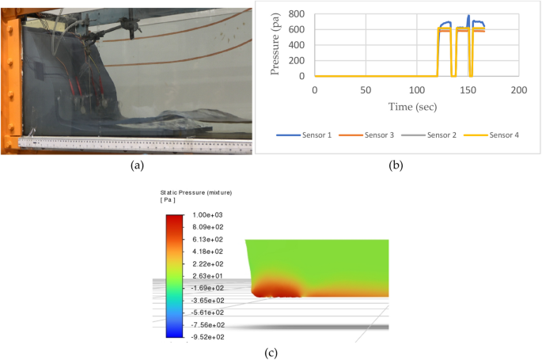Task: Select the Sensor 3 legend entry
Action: click(x=366, y=135)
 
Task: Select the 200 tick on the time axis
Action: click(x=519, y=89)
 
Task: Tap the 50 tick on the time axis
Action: click(x=366, y=89)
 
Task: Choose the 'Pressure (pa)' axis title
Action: click(x=276, y=44)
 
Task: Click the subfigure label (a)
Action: click(x=138, y=165)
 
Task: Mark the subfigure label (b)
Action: click(x=397, y=165)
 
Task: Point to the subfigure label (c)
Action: click(x=270, y=351)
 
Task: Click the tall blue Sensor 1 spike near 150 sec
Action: click(x=468, y=17)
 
